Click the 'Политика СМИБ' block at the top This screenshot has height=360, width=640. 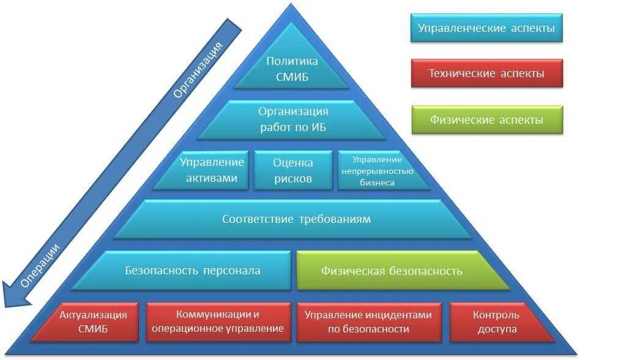tap(292, 69)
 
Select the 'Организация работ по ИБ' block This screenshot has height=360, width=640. tap(293, 119)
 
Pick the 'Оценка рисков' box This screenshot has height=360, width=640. tap(292, 170)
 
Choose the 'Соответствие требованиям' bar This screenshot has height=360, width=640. tap(296, 219)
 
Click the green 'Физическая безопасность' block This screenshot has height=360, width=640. tap(392, 271)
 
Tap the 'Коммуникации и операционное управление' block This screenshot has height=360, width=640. tap(218, 321)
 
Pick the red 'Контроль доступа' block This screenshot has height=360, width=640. tap(496, 321)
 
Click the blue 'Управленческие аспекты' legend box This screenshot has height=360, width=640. tap(486, 28)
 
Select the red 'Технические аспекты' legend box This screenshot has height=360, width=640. tap(486, 73)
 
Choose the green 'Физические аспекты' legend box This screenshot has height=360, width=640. tap(486, 120)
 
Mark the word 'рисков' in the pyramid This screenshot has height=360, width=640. tap(292, 179)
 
